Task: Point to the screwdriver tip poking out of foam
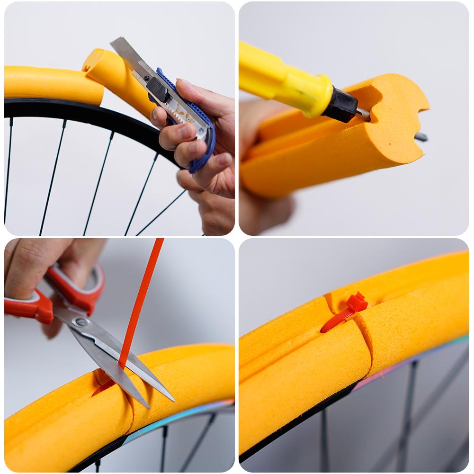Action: pyautogui.click(x=420, y=137)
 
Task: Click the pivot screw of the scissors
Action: pyautogui.click(x=81, y=323)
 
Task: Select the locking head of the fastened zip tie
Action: pyautogui.click(x=357, y=302)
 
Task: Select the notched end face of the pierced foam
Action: pyautogui.click(x=398, y=118)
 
